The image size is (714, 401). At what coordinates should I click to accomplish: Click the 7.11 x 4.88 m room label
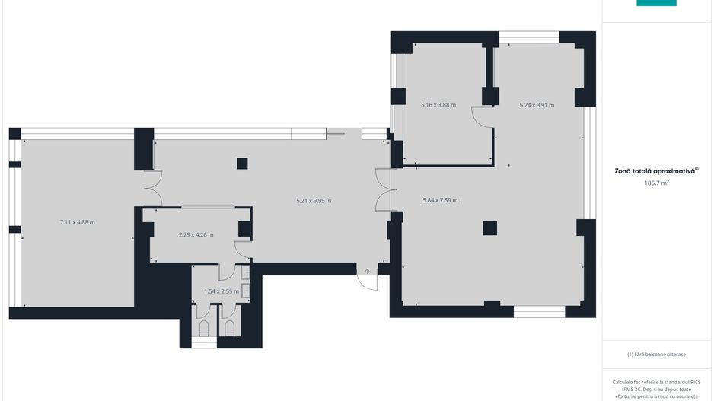click(x=78, y=222)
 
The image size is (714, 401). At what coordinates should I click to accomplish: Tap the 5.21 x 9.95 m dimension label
click(x=314, y=200)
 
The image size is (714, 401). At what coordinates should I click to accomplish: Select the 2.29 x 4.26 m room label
click(x=196, y=235)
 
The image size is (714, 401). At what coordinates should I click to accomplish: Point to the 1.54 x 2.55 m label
click(x=222, y=291)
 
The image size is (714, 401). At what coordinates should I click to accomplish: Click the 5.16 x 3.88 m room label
click(x=438, y=105)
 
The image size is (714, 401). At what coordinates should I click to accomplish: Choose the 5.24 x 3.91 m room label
click(x=537, y=105)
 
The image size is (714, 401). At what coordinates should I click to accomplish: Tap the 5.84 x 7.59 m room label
click(x=440, y=200)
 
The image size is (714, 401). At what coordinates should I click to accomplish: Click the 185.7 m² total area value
click(x=656, y=183)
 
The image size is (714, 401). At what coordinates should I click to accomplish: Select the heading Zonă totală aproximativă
click(x=655, y=171)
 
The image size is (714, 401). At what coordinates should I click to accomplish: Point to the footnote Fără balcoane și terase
click(x=656, y=354)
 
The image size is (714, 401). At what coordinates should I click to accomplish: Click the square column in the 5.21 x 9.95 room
click(x=242, y=164)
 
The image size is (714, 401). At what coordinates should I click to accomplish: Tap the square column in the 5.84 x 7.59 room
click(x=490, y=228)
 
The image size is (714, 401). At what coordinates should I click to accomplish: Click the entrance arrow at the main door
click(x=367, y=272)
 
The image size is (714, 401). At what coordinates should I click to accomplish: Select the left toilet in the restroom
click(x=204, y=328)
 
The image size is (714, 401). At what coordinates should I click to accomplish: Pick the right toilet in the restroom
click(x=230, y=328)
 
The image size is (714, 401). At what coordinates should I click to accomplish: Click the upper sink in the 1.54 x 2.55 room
click(x=245, y=272)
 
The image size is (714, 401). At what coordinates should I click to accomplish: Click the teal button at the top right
click(x=656, y=3)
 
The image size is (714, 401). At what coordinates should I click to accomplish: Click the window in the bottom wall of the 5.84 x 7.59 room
click(x=540, y=311)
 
